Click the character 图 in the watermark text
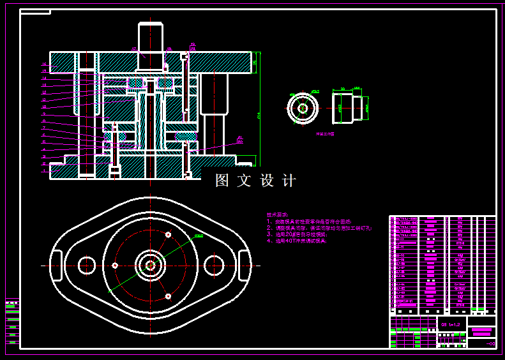click(222, 181)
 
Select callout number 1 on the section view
click(44, 170)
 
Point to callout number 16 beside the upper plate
click(44, 64)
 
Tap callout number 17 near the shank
click(134, 49)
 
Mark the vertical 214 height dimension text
click(259, 115)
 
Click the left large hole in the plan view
click(87, 264)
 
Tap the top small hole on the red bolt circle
click(168, 235)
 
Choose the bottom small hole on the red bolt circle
click(168, 296)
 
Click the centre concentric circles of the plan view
click(151, 265)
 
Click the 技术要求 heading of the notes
click(278, 215)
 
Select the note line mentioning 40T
click(298, 241)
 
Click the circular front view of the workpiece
click(303, 108)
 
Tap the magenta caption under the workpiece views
click(325, 135)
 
